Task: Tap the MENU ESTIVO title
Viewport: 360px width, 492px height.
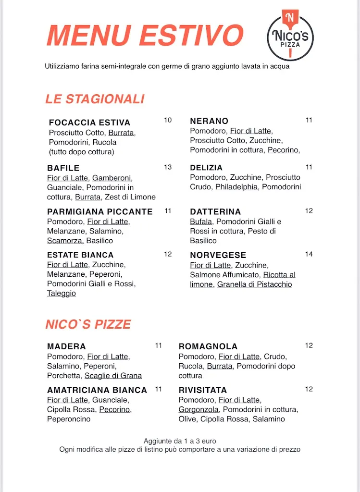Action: click(145, 35)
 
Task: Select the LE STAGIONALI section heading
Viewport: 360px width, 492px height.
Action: click(95, 99)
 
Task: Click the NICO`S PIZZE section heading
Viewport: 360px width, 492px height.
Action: click(88, 324)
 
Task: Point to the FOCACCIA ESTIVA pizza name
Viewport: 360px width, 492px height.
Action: click(89, 123)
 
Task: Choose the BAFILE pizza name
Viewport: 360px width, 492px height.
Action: click(63, 168)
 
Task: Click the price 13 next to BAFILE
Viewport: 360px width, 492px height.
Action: click(168, 167)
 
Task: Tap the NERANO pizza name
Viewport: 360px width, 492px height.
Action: click(209, 121)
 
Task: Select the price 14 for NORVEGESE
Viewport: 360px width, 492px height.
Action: click(309, 254)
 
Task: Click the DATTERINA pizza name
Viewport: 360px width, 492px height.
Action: click(215, 212)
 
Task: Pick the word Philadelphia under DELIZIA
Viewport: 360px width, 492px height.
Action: click(236, 187)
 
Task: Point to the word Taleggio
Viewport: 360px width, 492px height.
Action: click(62, 293)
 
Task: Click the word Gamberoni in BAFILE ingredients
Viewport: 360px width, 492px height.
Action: click(112, 178)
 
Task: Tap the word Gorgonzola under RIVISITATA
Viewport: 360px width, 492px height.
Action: click(199, 409)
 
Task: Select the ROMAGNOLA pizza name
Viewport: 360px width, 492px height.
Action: click(208, 346)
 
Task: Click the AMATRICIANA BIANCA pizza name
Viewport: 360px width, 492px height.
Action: click(97, 390)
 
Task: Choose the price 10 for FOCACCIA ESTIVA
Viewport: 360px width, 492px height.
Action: click(168, 120)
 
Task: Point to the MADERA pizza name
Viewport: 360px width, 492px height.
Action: click(66, 346)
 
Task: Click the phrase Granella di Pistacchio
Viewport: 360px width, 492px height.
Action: click(254, 284)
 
